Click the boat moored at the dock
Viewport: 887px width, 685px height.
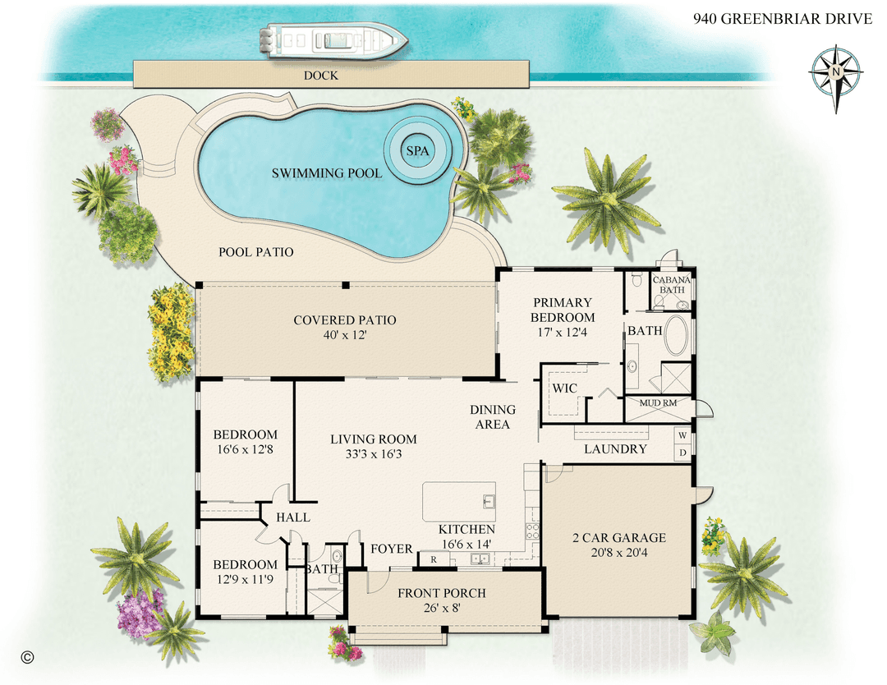(x=333, y=40)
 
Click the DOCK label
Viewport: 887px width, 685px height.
(x=321, y=76)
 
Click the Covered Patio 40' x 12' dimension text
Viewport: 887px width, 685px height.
(x=345, y=335)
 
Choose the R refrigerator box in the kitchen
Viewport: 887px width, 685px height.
(x=433, y=559)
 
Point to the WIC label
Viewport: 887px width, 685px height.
(x=563, y=387)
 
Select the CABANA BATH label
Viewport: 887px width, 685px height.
(x=672, y=285)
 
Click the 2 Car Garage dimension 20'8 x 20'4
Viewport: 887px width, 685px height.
(x=618, y=554)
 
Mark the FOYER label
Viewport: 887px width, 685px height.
(x=392, y=549)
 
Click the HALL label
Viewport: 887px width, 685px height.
(x=293, y=517)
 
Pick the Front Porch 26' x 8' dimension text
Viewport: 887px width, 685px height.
(x=441, y=609)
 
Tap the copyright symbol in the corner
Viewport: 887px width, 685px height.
(x=27, y=656)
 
